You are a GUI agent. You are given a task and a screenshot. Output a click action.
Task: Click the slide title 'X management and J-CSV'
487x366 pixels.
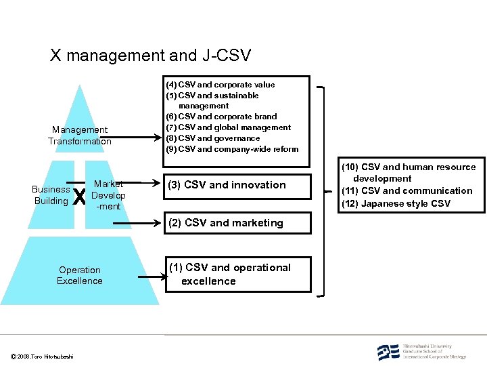click(x=149, y=55)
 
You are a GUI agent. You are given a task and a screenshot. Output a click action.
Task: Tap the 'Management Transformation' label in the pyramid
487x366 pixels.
click(x=80, y=136)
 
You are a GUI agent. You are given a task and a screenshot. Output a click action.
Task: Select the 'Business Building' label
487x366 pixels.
click(x=51, y=195)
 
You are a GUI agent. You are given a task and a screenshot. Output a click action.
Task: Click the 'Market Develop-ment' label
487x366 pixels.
click(x=108, y=195)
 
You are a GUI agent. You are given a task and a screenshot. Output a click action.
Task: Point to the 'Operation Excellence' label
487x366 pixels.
click(x=80, y=275)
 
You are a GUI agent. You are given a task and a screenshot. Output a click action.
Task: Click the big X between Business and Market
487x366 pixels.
click(x=79, y=197)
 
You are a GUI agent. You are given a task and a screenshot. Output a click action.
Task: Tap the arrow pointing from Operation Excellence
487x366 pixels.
click(x=152, y=276)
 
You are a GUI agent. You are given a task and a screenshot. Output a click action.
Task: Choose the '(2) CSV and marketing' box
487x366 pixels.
click(x=234, y=223)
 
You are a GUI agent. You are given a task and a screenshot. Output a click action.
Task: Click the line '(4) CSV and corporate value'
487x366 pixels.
click(x=221, y=85)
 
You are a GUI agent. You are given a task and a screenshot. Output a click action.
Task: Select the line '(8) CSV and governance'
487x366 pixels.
click(x=213, y=138)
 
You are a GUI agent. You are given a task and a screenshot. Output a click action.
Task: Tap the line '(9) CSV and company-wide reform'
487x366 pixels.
click(x=232, y=149)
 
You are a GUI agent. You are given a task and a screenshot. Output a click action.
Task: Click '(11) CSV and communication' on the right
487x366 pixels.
click(x=407, y=191)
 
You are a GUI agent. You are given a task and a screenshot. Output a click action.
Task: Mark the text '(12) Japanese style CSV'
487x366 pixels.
click(x=396, y=203)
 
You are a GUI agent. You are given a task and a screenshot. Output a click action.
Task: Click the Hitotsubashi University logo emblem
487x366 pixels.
click(x=388, y=352)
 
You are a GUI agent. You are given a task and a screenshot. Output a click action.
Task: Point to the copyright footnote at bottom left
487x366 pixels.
click(x=43, y=357)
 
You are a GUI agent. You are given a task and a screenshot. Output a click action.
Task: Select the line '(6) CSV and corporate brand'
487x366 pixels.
click(x=221, y=117)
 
